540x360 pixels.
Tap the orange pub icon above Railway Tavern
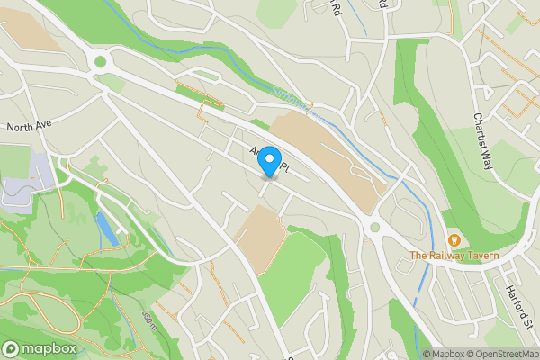point(454,240)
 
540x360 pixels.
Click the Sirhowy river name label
point(290,98)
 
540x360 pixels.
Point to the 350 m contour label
point(149,317)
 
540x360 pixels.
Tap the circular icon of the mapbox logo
point(12,348)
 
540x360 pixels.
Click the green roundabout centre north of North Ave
point(100,63)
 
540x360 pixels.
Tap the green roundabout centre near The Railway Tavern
point(374,228)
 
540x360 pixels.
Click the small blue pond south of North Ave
point(106,229)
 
